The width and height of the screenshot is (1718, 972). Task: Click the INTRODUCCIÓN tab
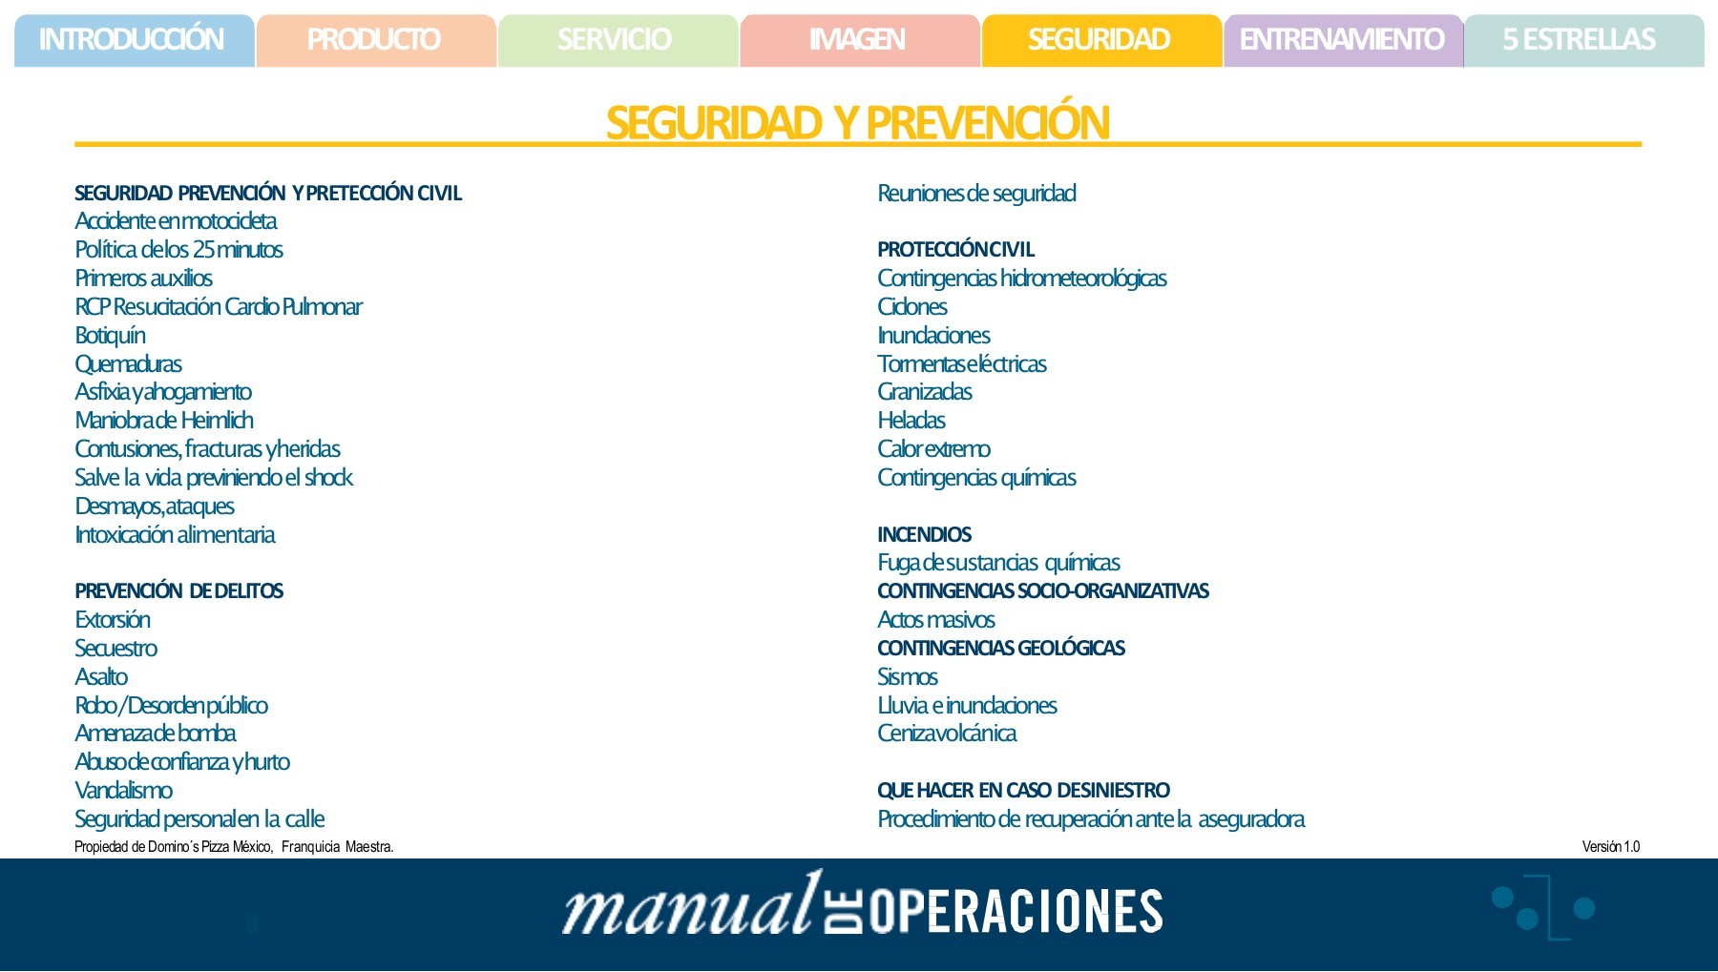[x=133, y=40]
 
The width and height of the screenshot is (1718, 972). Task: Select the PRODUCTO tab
[x=374, y=40]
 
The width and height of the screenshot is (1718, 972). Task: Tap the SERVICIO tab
[x=616, y=40]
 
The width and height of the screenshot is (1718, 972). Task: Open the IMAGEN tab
[x=858, y=40]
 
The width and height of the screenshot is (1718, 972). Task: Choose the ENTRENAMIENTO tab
[x=1342, y=40]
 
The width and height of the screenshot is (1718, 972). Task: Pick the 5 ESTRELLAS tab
[x=1581, y=40]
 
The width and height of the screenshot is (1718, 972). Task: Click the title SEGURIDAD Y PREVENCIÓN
[x=857, y=123]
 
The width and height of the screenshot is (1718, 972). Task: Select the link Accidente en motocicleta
[x=176, y=221]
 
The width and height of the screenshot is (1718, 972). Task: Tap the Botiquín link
[x=110, y=336]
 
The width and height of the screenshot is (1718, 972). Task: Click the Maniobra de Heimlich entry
[x=164, y=421]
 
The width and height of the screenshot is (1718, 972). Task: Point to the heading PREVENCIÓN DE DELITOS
[x=178, y=591]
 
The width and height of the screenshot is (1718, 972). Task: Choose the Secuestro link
[x=115, y=649]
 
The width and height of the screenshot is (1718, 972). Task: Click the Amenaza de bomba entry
[x=156, y=734]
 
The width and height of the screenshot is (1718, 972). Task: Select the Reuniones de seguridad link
[x=976, y=194]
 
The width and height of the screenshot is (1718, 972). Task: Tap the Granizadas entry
[x=924, y=392]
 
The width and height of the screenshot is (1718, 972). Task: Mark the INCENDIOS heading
[x=924, y=535]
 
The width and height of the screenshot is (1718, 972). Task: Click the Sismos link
[x=907, y=677]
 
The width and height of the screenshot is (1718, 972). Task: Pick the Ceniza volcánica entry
[x=947, y=734]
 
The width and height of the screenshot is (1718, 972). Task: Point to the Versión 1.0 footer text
[x=1610, y=847]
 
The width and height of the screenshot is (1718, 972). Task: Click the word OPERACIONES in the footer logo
[x=1016, y=911]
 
